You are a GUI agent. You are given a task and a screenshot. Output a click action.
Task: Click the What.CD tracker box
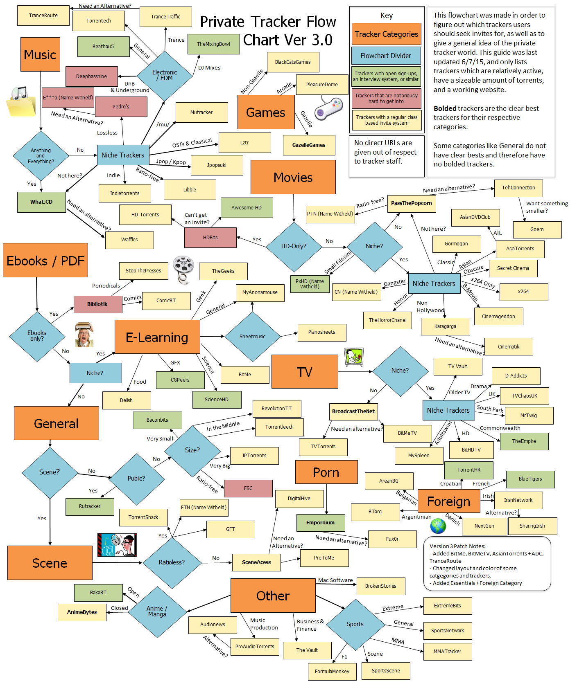(41, 202)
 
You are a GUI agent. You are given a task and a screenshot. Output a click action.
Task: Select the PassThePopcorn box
(411, 203)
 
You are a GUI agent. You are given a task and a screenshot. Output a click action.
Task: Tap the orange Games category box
(266, 112)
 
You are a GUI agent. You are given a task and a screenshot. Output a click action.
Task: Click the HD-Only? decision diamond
(294, 246)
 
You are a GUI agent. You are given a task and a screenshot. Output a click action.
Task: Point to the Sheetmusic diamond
(252, 337)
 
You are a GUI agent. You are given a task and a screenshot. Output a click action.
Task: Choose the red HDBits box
(210, 238)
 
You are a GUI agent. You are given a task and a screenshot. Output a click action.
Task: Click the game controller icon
(328, 108)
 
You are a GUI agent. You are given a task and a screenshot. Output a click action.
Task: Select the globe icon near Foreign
(438, 526)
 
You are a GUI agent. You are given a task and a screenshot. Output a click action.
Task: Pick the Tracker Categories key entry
(386, 34)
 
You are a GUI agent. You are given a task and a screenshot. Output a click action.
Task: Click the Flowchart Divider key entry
(386, 56)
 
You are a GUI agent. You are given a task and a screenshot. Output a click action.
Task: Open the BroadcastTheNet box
(353, 411)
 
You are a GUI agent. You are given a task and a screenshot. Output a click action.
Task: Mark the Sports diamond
(355, 624)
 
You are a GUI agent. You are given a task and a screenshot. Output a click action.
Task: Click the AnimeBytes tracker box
(82, 612)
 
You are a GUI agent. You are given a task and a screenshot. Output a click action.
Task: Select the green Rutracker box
(90, 506)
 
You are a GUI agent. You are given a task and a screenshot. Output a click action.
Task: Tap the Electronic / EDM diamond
(165, 76)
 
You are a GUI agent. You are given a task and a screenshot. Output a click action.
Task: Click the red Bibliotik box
(97, 304)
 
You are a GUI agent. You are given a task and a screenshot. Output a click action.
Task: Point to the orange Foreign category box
(448, 501)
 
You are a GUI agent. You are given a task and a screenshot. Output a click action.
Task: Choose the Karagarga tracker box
(445, 326)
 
